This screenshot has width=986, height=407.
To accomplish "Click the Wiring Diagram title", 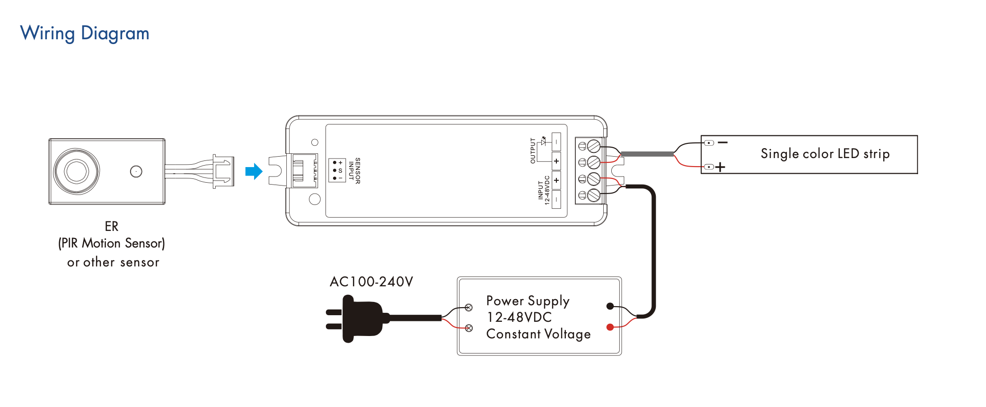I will pos(85,33).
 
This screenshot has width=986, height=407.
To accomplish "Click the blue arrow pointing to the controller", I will pos(254,171).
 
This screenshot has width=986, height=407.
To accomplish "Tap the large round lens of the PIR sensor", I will pos(76,171).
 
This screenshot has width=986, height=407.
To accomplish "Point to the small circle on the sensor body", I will pos(136,171).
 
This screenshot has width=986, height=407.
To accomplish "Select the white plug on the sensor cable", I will pos(223,171).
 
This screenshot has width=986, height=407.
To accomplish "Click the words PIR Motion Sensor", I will pos(112,243).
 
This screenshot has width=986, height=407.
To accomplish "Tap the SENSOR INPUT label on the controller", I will pos(354,171).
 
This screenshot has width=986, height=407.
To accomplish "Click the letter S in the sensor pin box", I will pos(340,170).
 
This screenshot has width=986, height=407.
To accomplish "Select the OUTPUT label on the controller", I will pos(533,151).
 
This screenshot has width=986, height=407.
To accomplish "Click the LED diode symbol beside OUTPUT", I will pos(544,141).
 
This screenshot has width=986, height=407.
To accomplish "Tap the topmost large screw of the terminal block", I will pos(594,146).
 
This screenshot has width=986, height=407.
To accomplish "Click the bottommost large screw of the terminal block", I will pos(594,195).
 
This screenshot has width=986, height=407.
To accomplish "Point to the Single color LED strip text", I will pos(825,154).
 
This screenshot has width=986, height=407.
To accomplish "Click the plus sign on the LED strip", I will pos(720,167).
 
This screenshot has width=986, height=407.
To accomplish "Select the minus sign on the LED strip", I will pos(722,142).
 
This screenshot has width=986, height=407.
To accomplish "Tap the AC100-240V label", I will pos(371,282).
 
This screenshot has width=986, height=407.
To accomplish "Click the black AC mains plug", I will pos(360,319).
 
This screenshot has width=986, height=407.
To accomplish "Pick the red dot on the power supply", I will pos(610,327).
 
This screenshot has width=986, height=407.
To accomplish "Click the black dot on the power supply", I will pos(610,306).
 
